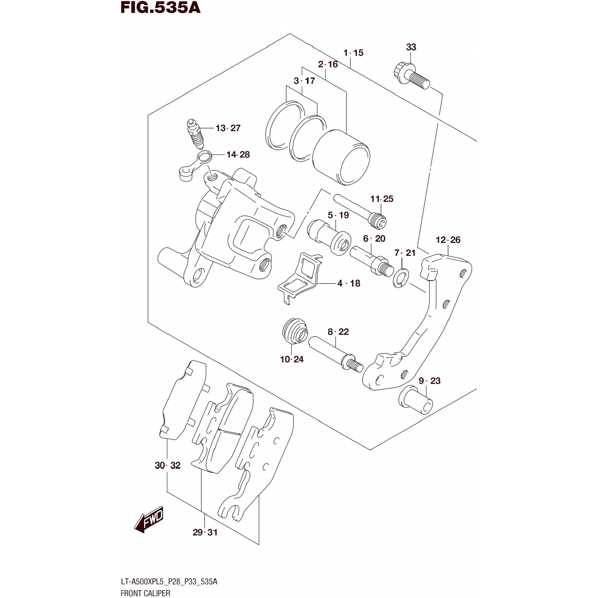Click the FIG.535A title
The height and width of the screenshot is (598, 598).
click(160, 8)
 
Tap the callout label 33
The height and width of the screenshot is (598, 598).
click(411, 47)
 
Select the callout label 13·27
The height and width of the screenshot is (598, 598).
click(228, 128)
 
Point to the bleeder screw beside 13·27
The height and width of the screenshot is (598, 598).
click(195, 134)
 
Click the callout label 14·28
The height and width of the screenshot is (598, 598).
click(238, 155)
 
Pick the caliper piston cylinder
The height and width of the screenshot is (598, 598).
click(342, 157)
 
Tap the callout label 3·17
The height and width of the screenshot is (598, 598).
click(304, 81)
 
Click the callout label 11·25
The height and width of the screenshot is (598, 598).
click(382, 199)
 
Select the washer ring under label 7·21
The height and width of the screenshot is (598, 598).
click(400, 277)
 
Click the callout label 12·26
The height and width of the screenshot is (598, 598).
click(448, 240)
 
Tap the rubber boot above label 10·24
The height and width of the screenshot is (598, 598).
click(295, 330)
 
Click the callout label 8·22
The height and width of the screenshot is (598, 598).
click(338, 332)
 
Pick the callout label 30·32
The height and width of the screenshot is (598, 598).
click(167, 465)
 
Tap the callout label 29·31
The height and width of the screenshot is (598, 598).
click(205, 532)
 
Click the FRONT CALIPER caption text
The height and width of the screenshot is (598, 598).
click(145, 593)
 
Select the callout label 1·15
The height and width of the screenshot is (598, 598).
click(354, 53)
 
